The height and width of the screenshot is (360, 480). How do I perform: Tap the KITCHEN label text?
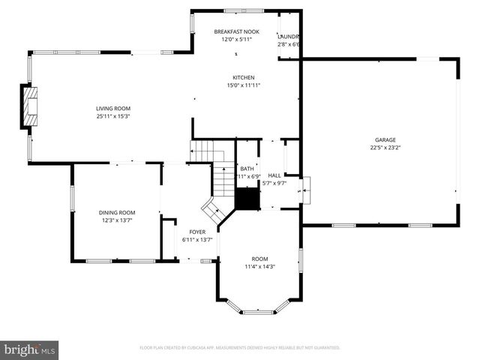tap(244, 77)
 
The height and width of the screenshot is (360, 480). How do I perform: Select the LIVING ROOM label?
tap(112, 109)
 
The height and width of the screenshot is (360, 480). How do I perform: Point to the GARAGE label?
tap(385, 139)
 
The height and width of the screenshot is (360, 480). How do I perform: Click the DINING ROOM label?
tap(117, 212)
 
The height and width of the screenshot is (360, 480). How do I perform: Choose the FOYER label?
tap(197, 232)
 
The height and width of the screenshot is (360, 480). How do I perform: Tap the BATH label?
tap(247, 169)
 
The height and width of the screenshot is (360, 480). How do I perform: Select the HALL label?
tap(274, 175)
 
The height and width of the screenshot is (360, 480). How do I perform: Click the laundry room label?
tap(289, 36)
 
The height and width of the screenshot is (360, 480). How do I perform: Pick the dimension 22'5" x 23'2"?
tap(385, 148)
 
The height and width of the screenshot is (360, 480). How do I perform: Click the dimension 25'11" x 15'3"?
tap(112, 116)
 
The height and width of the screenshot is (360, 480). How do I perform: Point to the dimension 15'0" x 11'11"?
tap(244, 85)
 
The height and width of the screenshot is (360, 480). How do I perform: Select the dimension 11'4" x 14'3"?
tap(259, 266)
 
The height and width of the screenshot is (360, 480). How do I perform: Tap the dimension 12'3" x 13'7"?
tap(117, 220)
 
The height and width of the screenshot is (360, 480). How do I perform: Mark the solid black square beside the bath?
tap(247, 199)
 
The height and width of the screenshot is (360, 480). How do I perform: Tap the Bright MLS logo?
tap(30, 349)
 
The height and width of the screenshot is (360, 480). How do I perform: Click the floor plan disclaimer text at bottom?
tap(240, 348)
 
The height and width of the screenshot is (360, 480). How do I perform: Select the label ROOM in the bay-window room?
tap(259, 259)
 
